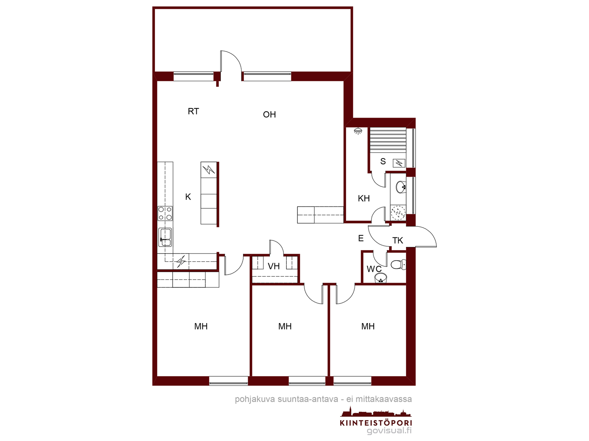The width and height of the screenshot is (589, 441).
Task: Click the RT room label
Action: [x=193, y=111]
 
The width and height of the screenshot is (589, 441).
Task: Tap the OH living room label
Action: [x=269, y=115]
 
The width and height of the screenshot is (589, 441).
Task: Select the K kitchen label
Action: [x=188, y=197]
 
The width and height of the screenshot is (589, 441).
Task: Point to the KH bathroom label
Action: [x=364, y=198]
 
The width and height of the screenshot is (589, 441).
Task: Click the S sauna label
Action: [x=383, y=161]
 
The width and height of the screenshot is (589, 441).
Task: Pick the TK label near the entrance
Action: [x=398, y=240]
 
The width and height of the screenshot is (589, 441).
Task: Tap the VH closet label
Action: [x=274, y=266]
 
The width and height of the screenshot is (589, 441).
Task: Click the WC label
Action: [x=374, y=269]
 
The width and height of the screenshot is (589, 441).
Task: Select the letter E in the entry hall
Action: [x=361, y=238]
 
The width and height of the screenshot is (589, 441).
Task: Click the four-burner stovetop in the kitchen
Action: [x=165, y=214]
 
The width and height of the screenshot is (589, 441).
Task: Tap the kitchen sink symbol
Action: [x=165, y=237]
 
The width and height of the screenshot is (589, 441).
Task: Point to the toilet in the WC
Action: [x=398, y=265]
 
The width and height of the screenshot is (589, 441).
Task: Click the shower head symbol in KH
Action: [x=358, y=131]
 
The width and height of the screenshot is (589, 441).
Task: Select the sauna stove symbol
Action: [x=399, y=163]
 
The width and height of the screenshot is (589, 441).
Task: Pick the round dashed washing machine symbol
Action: [x=398, y=213]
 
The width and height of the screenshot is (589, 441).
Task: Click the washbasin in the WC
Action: [x=381, y=278]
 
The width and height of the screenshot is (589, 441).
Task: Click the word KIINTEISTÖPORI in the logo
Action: [x=376, y=423]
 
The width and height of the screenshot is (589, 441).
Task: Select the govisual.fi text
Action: [x=389, y=431]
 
